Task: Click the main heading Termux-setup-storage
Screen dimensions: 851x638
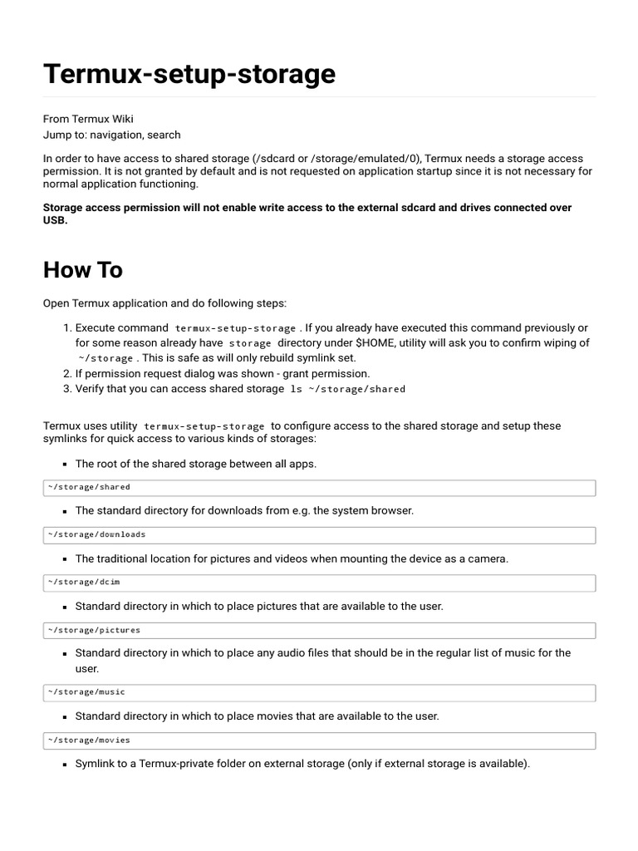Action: (189, 74)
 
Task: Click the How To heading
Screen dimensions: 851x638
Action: (83, 270)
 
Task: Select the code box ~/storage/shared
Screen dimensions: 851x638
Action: (319, 487)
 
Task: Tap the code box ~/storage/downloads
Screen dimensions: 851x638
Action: (319, 534)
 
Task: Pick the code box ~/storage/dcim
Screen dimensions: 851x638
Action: (319, 583)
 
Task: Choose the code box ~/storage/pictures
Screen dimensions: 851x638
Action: (319, 630)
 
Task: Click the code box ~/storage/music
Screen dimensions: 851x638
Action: (319, 692)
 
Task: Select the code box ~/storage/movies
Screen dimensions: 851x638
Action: (319, 740)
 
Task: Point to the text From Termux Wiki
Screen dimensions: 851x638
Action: (88, 119)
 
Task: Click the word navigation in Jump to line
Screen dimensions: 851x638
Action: (116, 135)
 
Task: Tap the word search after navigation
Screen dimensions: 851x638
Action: (164, 135)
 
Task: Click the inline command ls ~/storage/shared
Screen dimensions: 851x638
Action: (347, 389)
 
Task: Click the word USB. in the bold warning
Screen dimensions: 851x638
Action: (55, 221)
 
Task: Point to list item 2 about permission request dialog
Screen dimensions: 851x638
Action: (223, 373)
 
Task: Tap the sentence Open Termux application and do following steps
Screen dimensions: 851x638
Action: (164, 303)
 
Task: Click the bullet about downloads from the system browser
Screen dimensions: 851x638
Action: (244, 510)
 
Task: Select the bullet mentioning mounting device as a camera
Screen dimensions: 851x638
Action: (292, 558)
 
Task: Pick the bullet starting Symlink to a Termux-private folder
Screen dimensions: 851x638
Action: (302, 763)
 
